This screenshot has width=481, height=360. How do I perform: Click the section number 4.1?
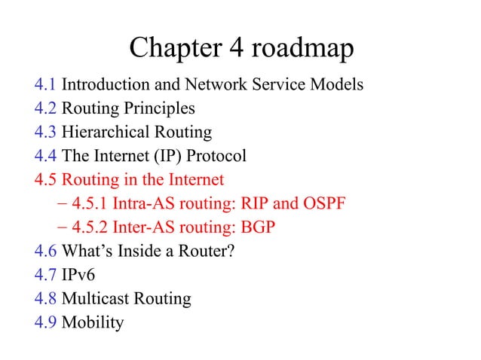[45, 85]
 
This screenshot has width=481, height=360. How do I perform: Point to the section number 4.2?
[45, 109]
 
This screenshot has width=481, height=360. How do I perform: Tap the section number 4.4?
[45, 157]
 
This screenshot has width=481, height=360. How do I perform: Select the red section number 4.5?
[45, 180]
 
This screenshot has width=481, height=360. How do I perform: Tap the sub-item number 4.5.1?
[87, 204]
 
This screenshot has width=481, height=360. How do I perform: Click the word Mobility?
[93, 322]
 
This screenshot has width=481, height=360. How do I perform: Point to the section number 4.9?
[45, 322]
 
